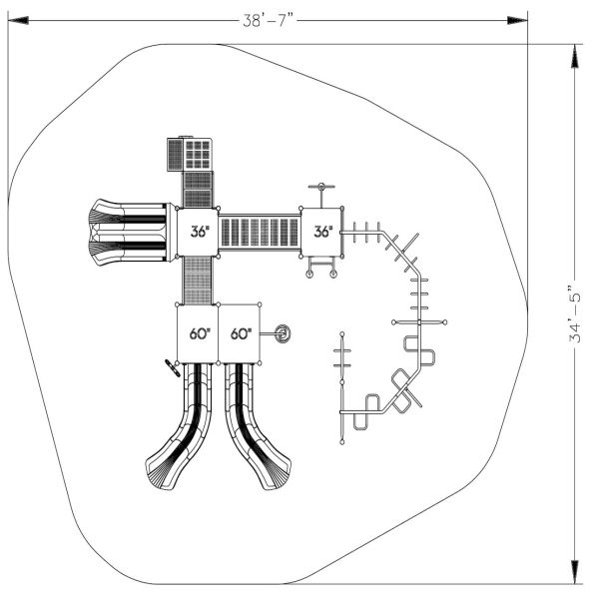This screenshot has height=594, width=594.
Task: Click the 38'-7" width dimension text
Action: pos(268,19)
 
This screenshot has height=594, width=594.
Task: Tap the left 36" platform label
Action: pos(200,232)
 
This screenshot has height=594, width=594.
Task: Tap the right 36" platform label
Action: pos(322,232)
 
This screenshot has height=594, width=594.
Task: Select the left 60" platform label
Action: pos(199,333)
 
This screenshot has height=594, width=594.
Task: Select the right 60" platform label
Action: pos(240,333)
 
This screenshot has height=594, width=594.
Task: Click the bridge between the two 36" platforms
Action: pos(260,233)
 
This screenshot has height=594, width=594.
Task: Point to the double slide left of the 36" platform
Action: pos(128,232)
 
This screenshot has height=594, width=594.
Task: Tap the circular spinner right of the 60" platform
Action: pos(284,333)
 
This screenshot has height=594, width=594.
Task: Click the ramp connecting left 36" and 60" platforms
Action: pos(198,280)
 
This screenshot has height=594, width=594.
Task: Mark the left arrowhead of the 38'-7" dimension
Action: pos(16,19)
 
